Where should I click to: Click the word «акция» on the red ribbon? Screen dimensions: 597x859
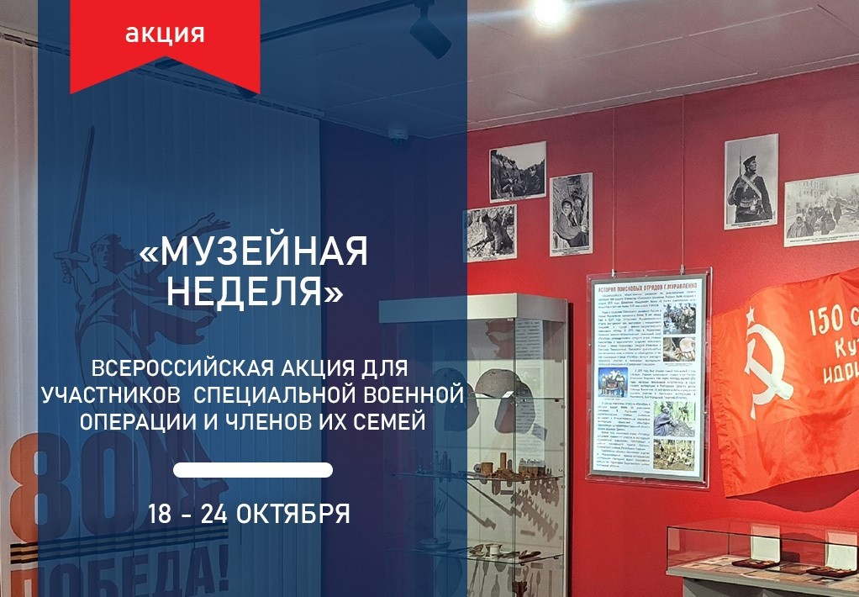point(165,34)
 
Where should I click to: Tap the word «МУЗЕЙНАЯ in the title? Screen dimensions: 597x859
point(253,251)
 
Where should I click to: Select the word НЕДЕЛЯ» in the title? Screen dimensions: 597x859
point(255,291)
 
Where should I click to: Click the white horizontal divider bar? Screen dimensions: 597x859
point(252,469)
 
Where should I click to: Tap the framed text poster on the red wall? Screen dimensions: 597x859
point(647,376)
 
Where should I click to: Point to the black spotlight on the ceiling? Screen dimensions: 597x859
point(429,32)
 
